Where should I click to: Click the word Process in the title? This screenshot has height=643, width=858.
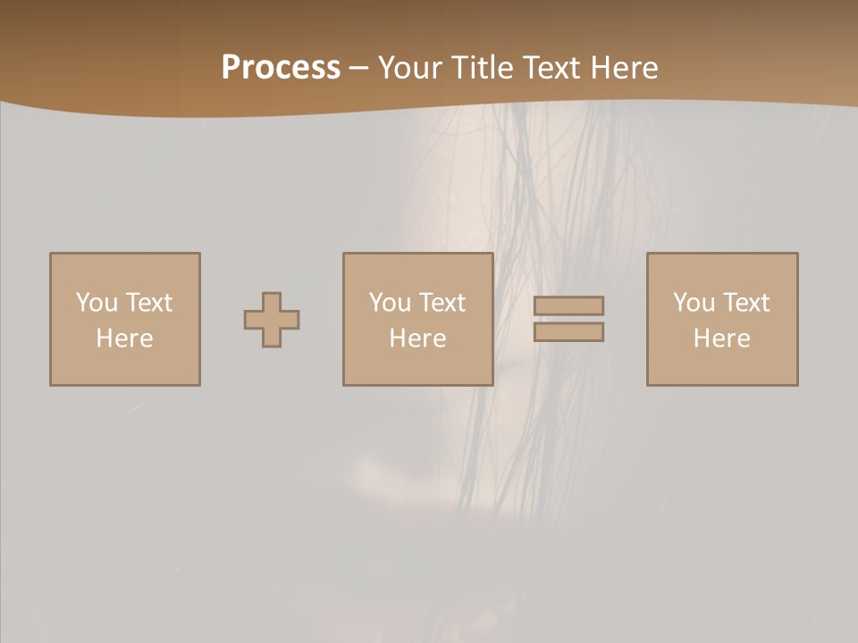pos(281,68)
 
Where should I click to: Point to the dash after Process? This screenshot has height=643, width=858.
pos(358,68)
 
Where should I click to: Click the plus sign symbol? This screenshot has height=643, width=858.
pos(272,320)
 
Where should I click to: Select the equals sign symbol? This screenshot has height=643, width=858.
pos(568,319)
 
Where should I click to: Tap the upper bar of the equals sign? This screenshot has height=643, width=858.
pos(568,306)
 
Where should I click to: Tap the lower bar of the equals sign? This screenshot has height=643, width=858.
pos(568,331)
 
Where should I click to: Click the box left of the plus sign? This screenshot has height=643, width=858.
pos(125,319)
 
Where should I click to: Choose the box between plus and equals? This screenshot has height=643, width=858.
pos(417,319)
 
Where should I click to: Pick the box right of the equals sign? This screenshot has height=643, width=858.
pos(722,319)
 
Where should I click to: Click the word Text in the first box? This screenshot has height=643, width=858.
pos(148,303)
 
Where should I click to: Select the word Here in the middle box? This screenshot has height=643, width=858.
pos(417,338)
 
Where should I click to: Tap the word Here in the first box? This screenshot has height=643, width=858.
pos(124,338)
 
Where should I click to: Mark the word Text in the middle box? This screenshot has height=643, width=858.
pos(442,303)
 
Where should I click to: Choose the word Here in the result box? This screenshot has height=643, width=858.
pos(722,338)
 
